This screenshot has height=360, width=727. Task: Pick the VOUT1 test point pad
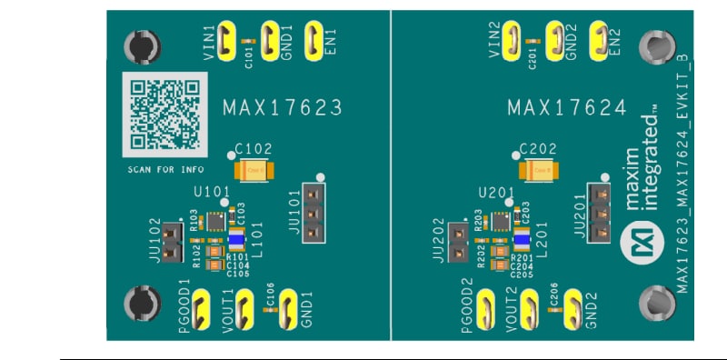(x=227, y=305)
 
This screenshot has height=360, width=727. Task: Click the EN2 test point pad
(x=600, y=41)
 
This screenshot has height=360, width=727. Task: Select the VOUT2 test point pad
(x=513, y=305)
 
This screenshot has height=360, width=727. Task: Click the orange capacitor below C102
(x=254, y=169)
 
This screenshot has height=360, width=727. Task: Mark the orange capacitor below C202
(x=539, y=169)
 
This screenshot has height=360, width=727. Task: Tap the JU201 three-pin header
(x=599, y=213)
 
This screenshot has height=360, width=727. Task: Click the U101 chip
(x=215, y=220)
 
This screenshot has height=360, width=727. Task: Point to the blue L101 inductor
(x=236, y=239)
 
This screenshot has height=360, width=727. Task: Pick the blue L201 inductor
(x=522, y=239)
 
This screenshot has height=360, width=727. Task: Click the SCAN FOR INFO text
(x=165, y=170)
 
